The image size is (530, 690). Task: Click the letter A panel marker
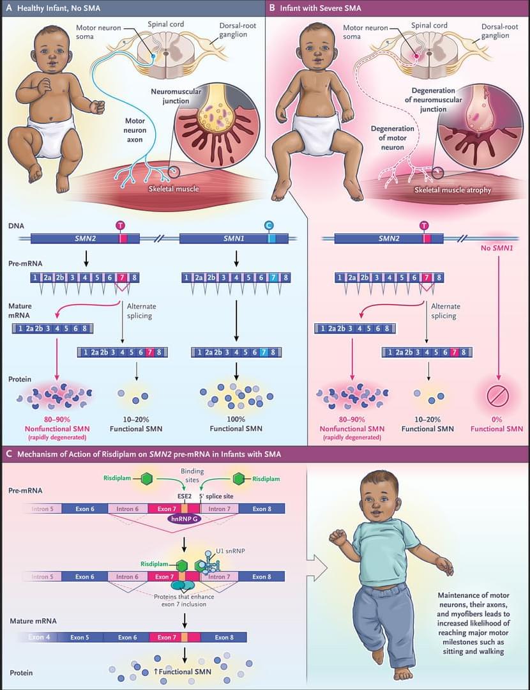(x=8, y=8)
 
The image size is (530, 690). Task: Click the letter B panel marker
(x=273, y=8)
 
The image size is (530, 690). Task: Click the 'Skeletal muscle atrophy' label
(x=453, y=190)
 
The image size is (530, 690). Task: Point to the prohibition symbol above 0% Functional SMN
(x=496, y=396)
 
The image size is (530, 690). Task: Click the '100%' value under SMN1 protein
(x=236, y=419)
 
